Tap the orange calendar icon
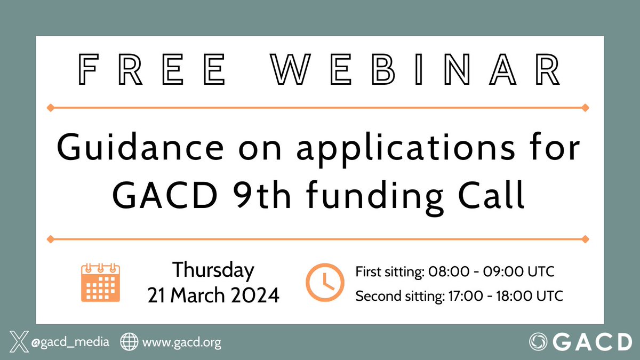pos(100,283)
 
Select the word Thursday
pos(213,270)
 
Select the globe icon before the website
pos(129,342)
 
